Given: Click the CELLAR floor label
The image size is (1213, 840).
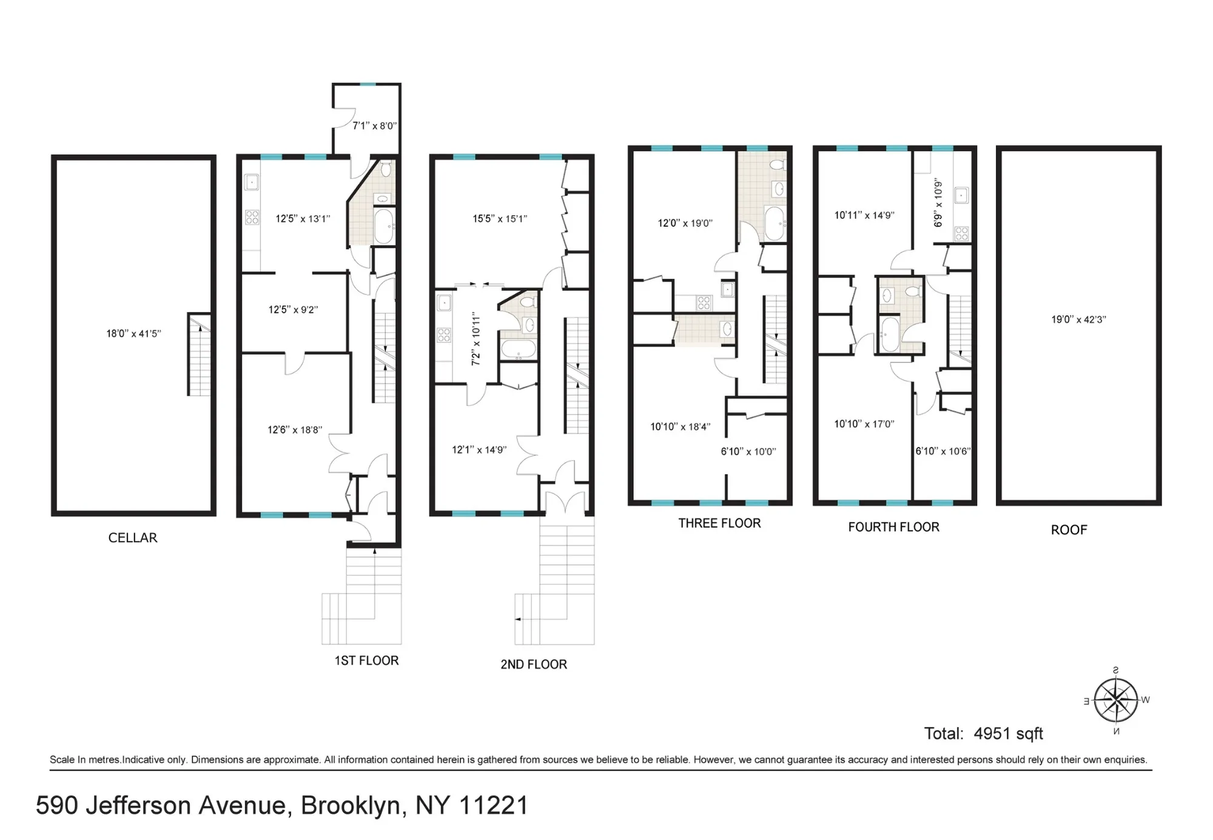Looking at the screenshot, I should click(133, 538).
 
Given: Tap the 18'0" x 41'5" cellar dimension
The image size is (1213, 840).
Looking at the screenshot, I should click(133, 333).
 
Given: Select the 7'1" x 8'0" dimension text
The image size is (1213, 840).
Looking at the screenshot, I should click(374, 126).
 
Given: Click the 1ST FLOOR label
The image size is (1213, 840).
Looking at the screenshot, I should click(366, 660).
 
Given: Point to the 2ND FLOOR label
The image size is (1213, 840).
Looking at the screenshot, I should click(534, 664).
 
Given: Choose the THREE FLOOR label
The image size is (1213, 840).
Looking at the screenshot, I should click(719, 523).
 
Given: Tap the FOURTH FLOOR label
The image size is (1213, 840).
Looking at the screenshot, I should click(893, 527).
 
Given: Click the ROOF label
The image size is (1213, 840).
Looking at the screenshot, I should click(1069, 530).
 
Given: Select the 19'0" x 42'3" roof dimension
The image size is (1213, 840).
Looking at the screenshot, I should click(1078, 319).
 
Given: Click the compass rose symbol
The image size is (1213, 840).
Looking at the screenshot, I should click(1116, 700).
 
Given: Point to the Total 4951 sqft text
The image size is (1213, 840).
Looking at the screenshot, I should click(983, 733).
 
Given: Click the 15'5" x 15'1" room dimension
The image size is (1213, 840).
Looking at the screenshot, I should click(500, 218).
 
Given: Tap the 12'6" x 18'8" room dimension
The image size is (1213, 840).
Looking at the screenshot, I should click(295, 430).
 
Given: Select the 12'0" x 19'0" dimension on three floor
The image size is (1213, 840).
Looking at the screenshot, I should click(685, 223).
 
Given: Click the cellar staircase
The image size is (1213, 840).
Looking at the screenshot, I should click(199, 354).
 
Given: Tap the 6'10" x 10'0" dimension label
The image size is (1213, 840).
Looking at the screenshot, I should click(748, 452).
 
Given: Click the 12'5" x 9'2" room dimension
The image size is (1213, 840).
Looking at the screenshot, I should click(293, 310).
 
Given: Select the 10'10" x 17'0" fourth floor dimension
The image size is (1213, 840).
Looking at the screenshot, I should click(864, 424).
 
